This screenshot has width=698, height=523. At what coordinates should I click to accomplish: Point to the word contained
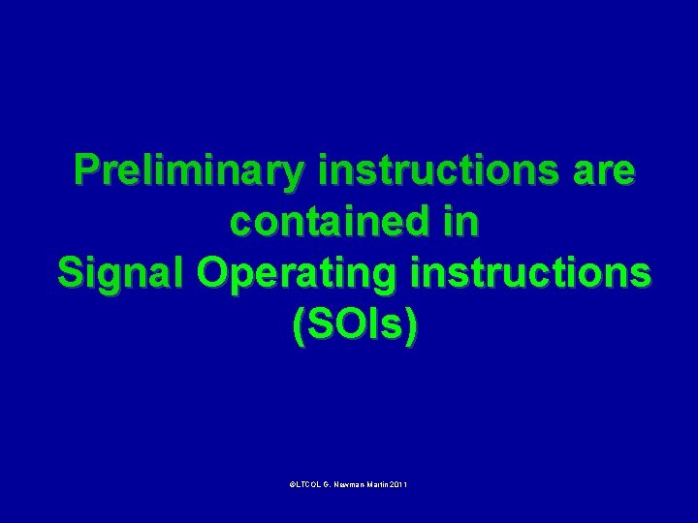[321, 224]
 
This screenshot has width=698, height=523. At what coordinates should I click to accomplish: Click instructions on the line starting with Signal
[529, 275]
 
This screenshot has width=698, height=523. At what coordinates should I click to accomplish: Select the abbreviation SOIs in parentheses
[355, 327]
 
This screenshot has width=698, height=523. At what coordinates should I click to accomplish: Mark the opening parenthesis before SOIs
[298, 327]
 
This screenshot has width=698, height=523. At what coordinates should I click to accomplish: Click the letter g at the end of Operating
[394, 279]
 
